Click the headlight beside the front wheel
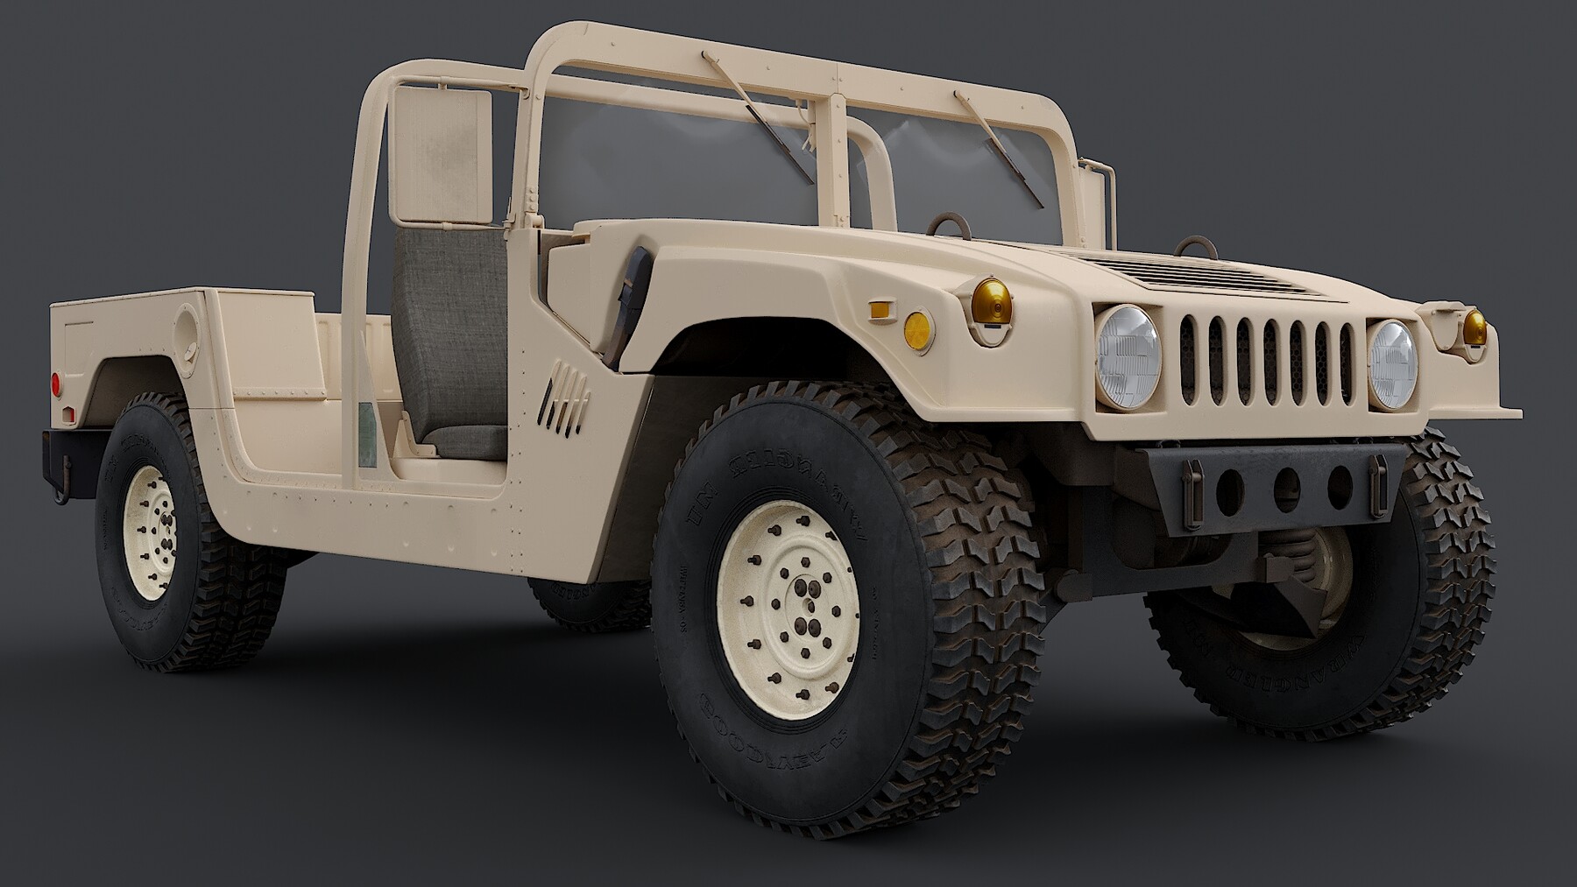(x=1128, y=356)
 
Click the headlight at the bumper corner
(x=1393, y=364)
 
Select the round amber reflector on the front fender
(x=918, y=327)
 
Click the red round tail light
(x=55, y=383)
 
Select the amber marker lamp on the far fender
(x=1474, y=327)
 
